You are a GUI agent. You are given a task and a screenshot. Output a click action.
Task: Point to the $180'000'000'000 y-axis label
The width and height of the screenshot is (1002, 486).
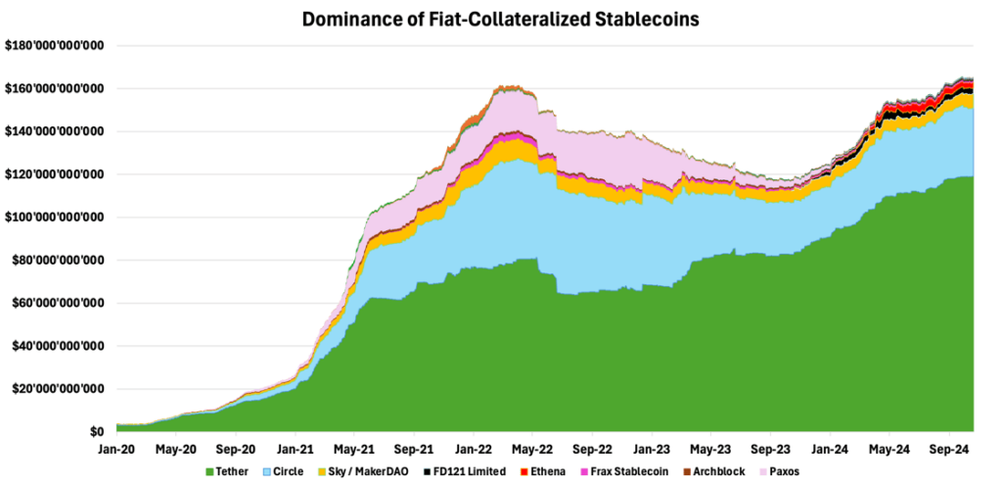[x=55, y=46]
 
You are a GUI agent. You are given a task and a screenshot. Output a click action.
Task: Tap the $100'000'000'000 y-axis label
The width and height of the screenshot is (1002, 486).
[x=55, y=218]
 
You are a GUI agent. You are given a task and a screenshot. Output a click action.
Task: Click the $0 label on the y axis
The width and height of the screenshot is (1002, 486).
[x=96, y=432]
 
